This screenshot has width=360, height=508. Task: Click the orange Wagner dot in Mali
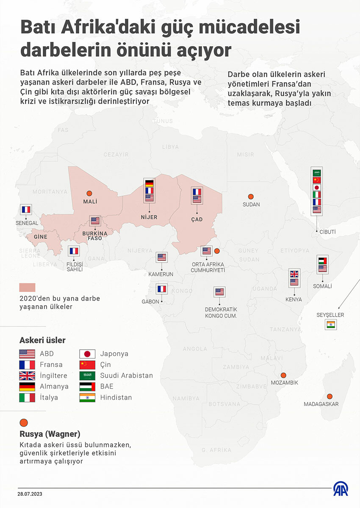(x=89, y=193)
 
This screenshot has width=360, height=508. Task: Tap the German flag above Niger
(x=149, y=184)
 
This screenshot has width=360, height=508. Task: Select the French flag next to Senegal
(x=26, y=209)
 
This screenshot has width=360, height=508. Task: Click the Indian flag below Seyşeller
(x=330, y=325)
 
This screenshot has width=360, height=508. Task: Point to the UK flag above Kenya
(x=294, y=274)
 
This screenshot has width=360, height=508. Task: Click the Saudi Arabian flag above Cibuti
(x=317, y=173)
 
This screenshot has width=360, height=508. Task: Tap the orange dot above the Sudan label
(x=251, y=196)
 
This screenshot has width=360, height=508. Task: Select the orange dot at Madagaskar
(x=330, y=396)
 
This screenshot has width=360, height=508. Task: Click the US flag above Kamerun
(x=162, y=257)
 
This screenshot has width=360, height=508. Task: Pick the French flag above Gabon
(x=162, y=289)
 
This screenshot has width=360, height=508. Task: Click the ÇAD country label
(x=197, y=219)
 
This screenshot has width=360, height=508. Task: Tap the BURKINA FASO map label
(x=95, y=235)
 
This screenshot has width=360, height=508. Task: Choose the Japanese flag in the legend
(x=87, y=354)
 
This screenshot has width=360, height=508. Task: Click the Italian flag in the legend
(x=27, y=398)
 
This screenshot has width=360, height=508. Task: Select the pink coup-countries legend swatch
(x=27, y=287)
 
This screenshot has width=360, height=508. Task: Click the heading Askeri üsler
(x=42, y=340)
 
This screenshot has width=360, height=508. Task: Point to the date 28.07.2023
(x=30, y=494)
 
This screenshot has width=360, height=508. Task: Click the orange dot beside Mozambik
(x=283, y=375)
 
